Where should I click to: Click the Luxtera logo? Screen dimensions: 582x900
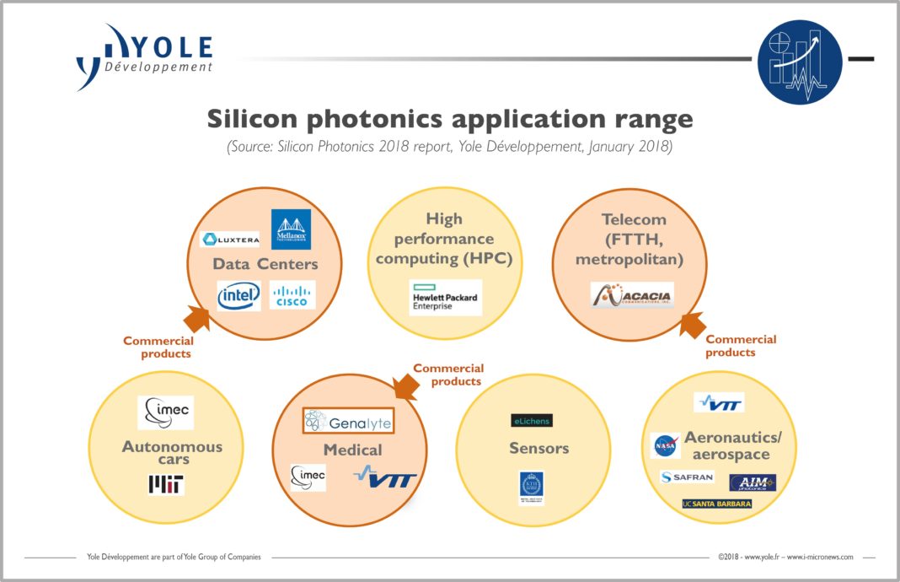point(230,239)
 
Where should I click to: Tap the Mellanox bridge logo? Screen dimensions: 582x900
point(291,229)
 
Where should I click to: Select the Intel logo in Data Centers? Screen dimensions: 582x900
point(238,296)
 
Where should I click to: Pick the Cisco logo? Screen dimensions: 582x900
point(292,295)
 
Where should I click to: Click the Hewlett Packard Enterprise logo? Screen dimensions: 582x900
point(445,298)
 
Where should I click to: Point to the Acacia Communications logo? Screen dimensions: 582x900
point(632,295)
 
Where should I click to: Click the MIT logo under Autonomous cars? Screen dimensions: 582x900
point(166,483)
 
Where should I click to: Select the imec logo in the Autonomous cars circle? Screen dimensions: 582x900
point(165,412)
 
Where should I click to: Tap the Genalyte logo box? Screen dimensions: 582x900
point(348,420)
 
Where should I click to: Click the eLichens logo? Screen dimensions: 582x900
point(532,420)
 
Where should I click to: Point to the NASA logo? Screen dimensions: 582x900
point(666,445)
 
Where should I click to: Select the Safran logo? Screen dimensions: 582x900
point(687,477)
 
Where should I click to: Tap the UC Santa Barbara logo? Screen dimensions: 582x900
point(716,504)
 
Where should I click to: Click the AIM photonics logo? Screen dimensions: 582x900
point(752,482)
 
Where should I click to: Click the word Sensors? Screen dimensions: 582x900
point(538,448)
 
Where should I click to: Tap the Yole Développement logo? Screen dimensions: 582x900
point(143,57)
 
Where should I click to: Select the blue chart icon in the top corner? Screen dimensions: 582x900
point(799,62)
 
